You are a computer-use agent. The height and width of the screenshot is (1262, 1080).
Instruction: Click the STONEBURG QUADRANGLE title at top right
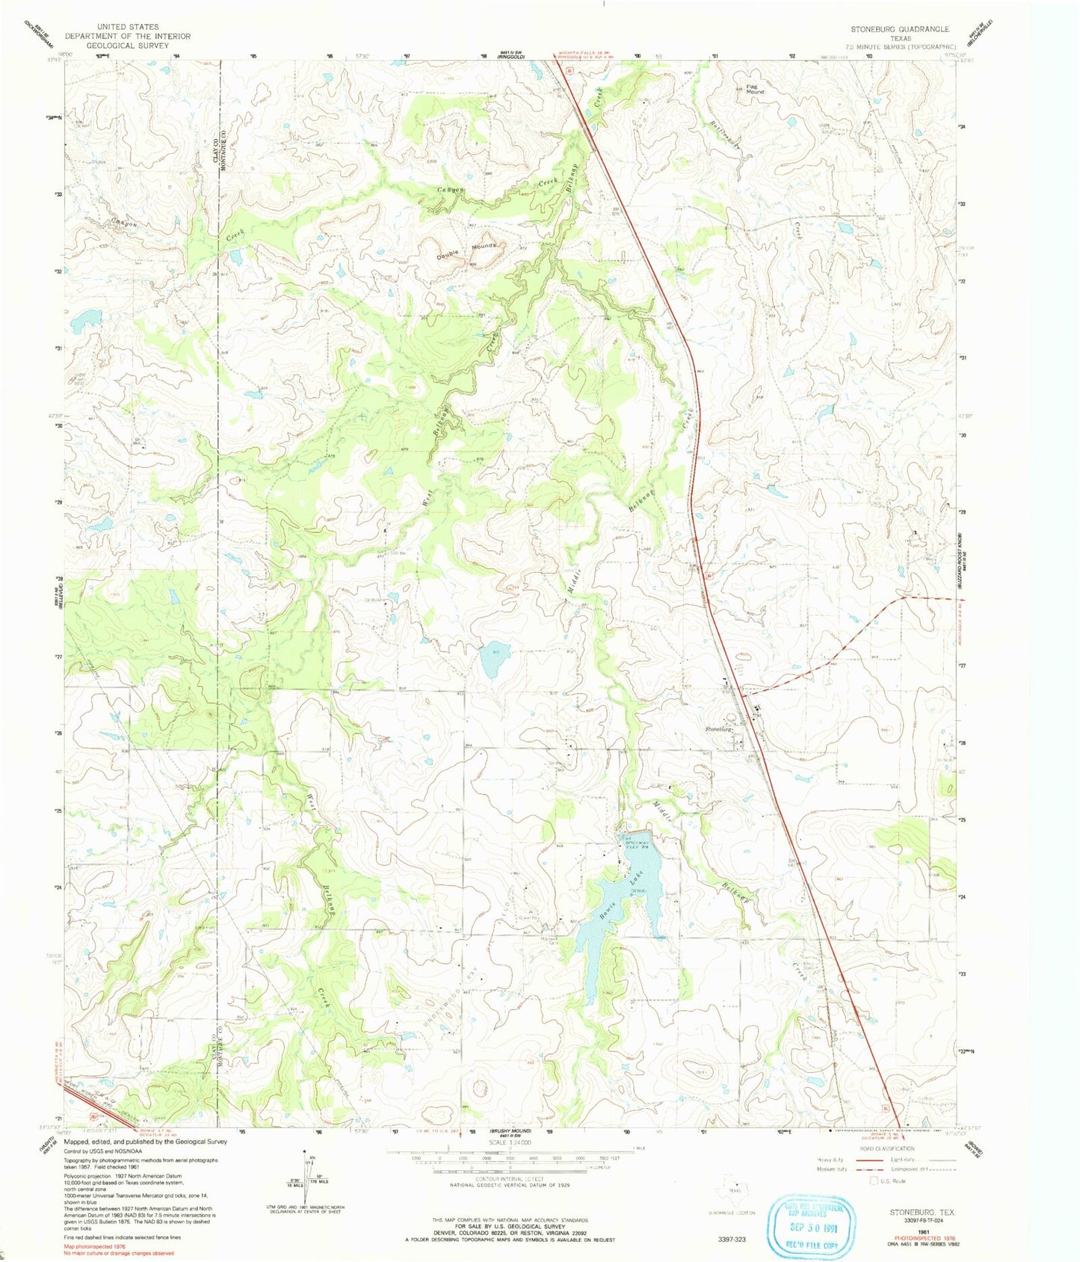[x=899, y=28]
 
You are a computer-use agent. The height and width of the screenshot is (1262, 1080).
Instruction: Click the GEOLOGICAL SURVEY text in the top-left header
[x=127, y=45]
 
